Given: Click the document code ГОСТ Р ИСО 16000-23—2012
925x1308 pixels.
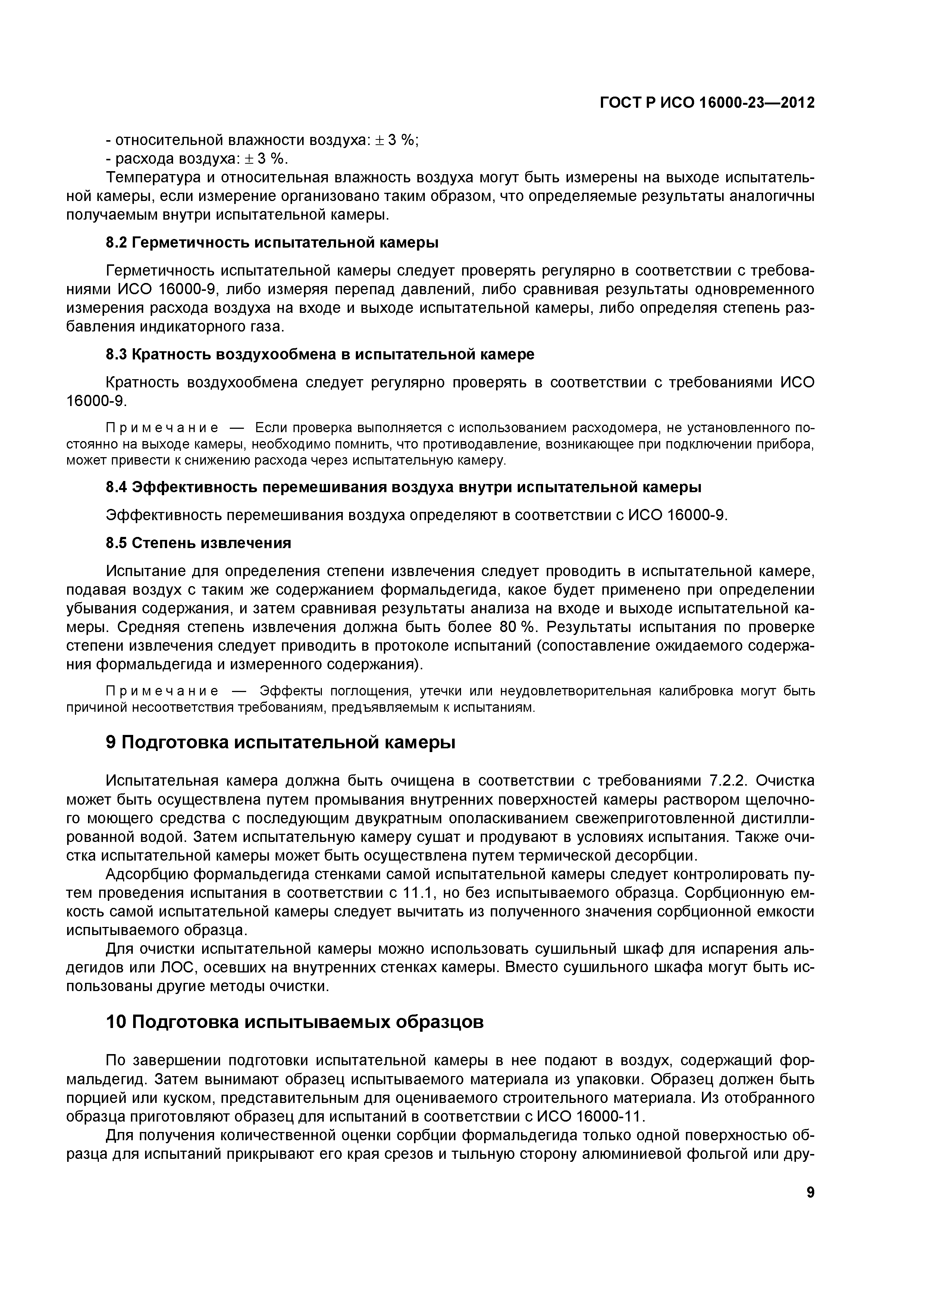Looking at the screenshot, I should coord(707,103).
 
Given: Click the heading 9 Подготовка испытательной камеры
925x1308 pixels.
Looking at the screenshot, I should coord(280,743).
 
